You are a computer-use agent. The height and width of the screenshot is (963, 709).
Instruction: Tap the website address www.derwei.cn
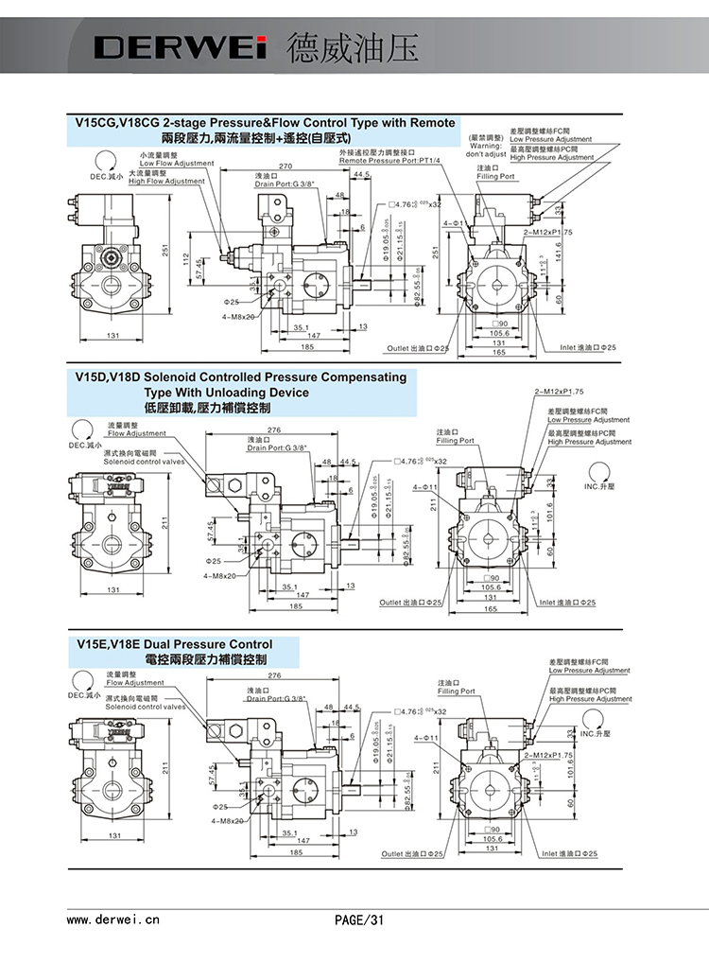(112, 919)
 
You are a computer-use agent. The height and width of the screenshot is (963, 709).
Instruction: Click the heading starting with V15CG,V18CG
(265, 123)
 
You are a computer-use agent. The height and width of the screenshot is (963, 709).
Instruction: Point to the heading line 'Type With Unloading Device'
(226, 392)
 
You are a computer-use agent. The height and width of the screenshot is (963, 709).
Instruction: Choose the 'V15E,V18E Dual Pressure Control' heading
(174, 645)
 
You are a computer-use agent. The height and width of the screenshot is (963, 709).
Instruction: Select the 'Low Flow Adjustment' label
(176, 163)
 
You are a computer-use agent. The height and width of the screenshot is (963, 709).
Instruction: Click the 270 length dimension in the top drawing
(285, 166)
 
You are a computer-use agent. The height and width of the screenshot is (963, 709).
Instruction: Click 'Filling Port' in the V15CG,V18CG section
(495, 176)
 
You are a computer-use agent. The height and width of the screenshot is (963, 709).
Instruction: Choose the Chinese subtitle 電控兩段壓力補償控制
(205, 659)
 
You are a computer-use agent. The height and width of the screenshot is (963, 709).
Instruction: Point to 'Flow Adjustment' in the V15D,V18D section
(135, 433)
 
